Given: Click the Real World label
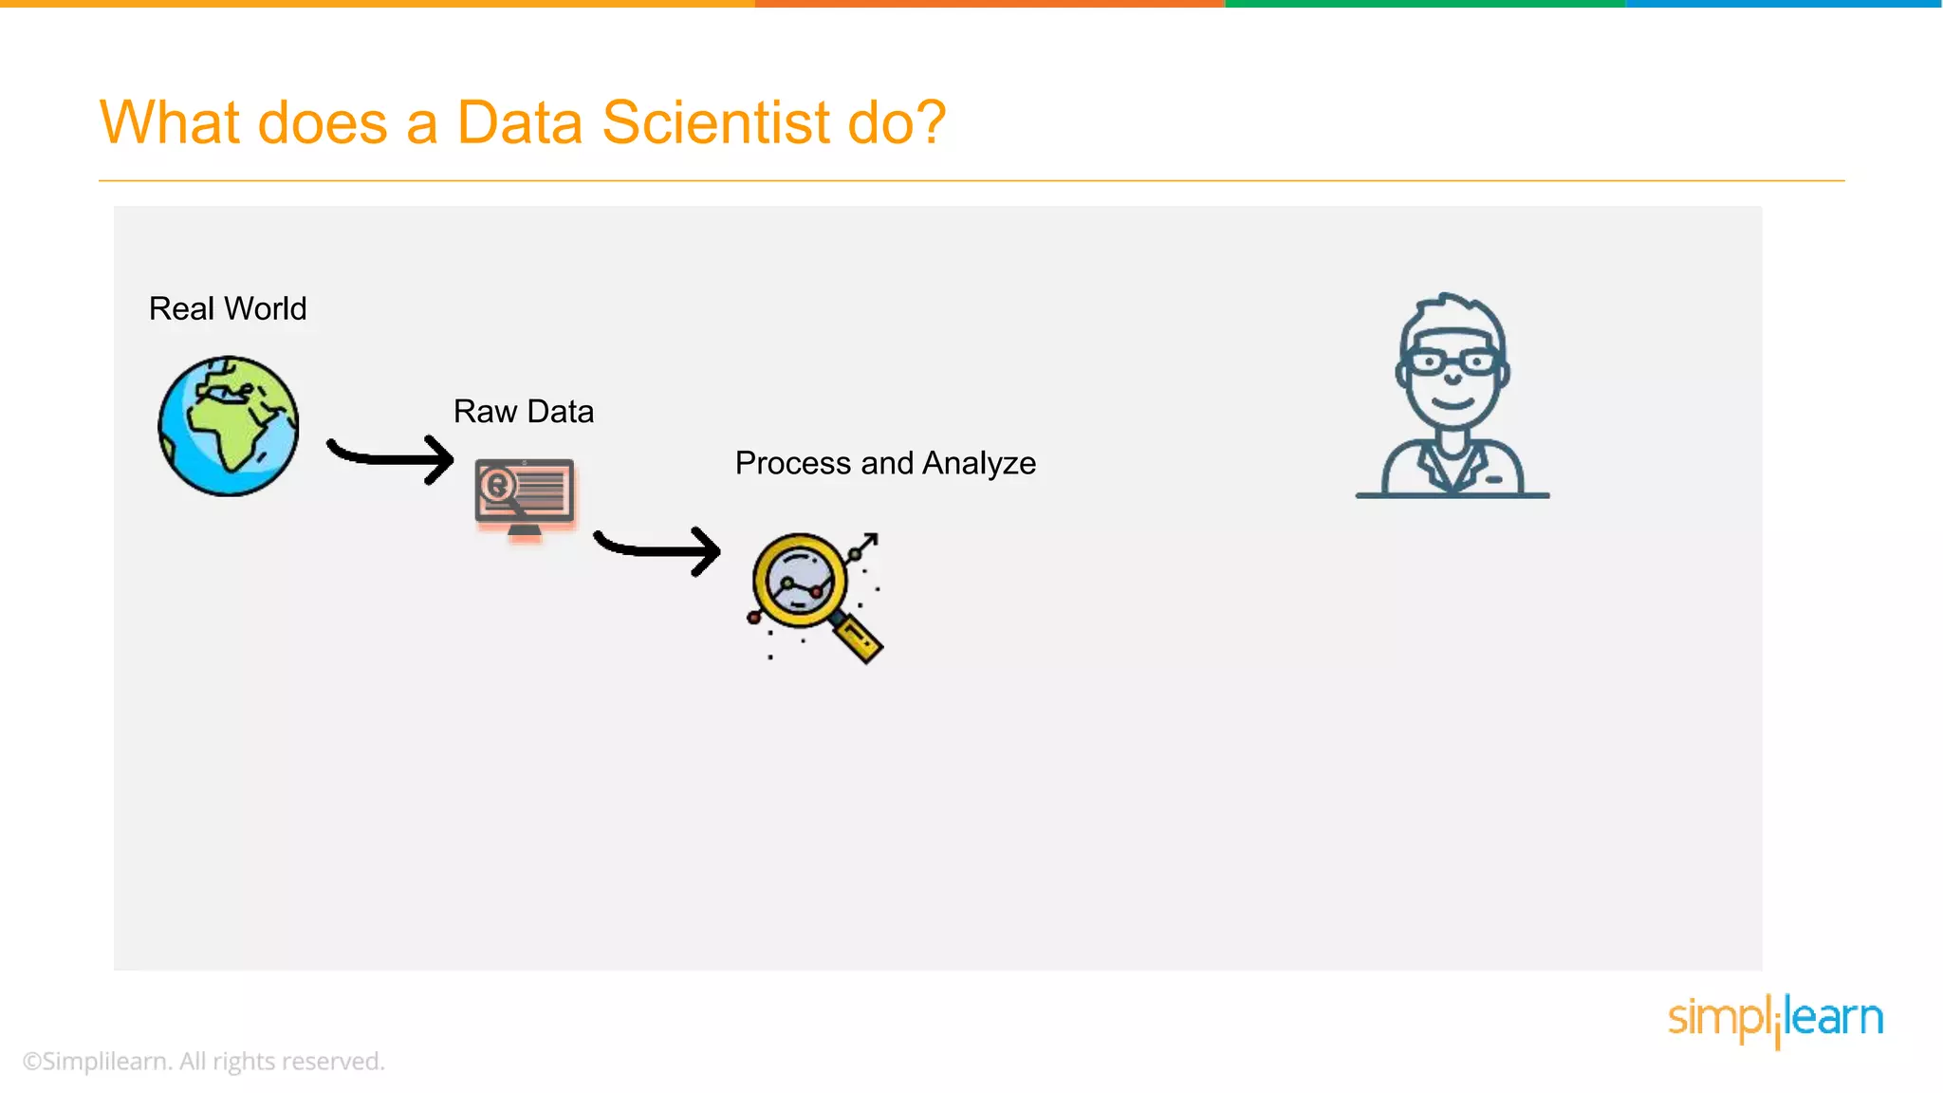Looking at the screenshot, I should tap(228, 308).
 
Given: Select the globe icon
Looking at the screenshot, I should tap(229, 426).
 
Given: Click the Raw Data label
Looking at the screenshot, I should tap(524, 412).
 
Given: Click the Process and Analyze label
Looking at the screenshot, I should tap(885, 463).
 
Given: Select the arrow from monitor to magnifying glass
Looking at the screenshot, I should tap(657, 550).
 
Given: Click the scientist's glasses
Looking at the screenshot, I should tap(1452, 361).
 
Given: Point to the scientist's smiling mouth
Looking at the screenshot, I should tap(1452, 402).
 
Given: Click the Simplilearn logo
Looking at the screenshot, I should tap(1775, 1018).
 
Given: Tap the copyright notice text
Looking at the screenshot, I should tap(204, 1061).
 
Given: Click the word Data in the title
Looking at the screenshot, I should tap(519, 122).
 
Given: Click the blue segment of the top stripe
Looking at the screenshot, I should tap(1784, 4).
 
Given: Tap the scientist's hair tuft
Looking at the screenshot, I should tap(1452, 308).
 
